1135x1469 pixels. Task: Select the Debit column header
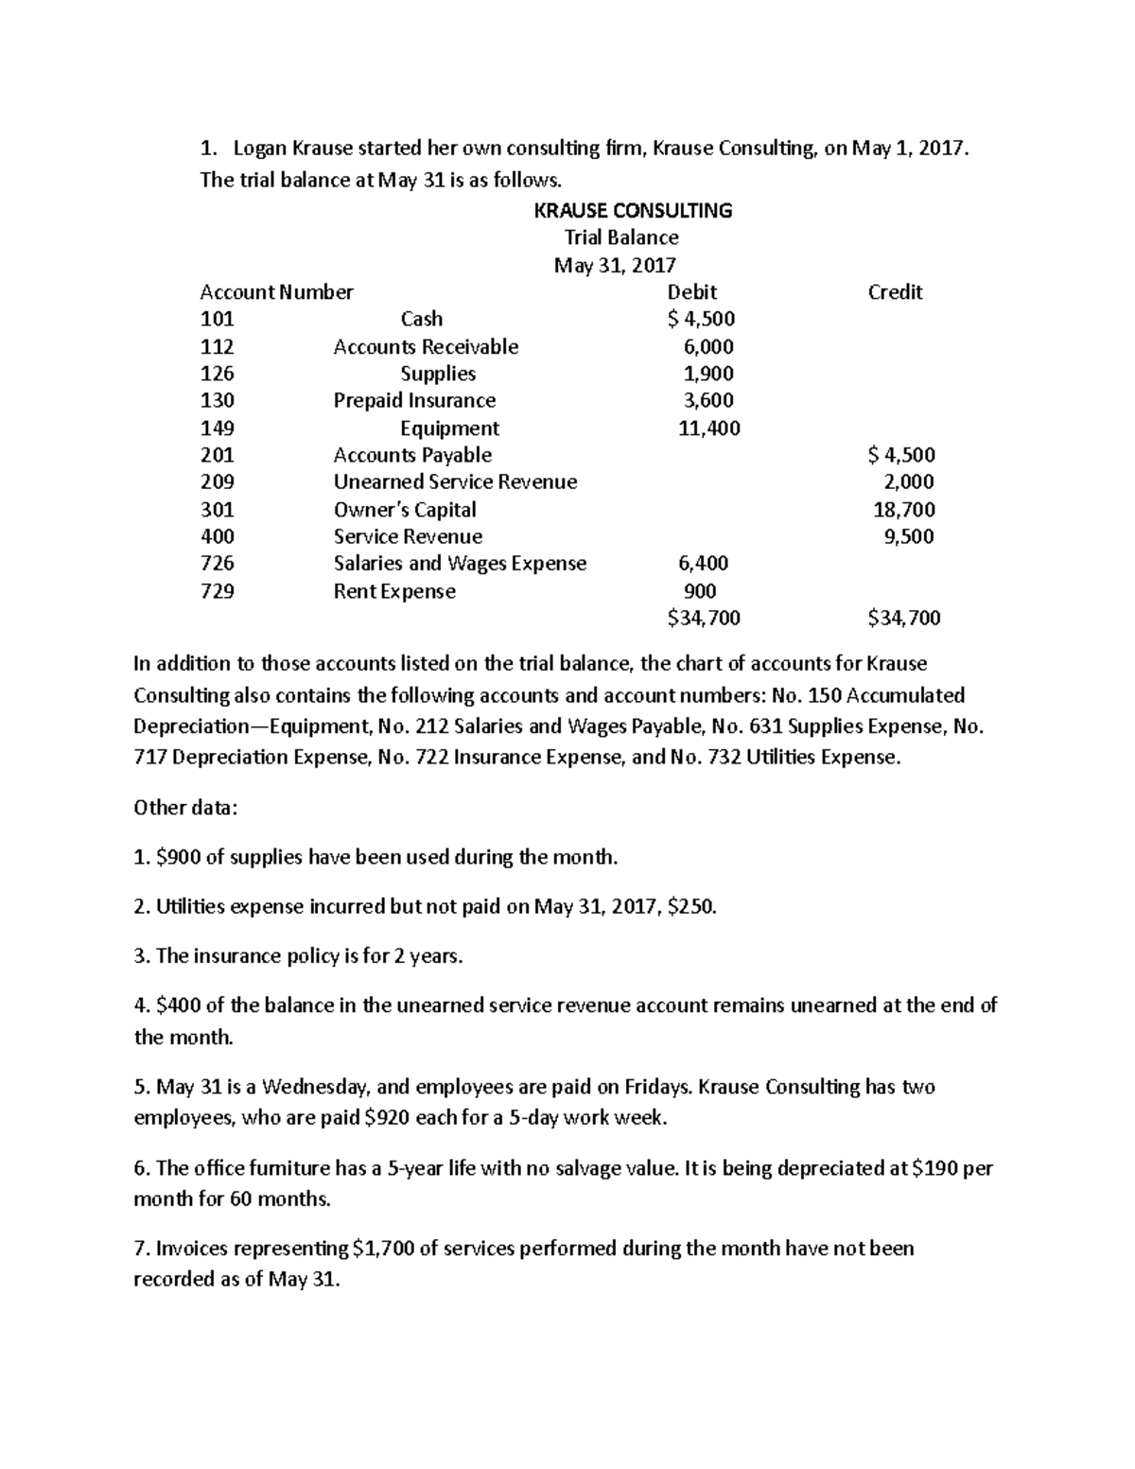[x=691, y=292]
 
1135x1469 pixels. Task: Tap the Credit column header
[x=895, y=292]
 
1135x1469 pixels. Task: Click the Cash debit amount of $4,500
[x=701, y=320]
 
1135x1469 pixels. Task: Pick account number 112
[x=217, y=347]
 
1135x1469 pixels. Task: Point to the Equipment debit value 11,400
[x=708, y=428]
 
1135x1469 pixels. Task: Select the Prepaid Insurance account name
[x=414, y=401]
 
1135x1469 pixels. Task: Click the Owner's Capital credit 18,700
[x=903, y=510]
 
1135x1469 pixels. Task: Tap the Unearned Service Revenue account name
[x=455, y=482]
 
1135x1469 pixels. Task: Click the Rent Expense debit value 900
[x=699, y=592]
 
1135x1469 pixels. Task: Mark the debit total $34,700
[x=703, y=619]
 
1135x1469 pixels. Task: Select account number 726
[x=217, y=564]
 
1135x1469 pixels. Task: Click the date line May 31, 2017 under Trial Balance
[x=615, y=265]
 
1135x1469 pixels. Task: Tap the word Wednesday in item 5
[x=319, y=1087]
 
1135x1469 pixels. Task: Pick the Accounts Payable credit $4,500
[x=901, y=456]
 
